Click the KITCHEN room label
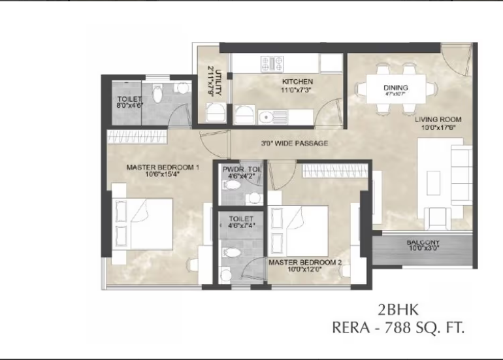pyautogui.click(x=298, y=81)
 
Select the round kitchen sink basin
pyautogui.click(x=266, y=118)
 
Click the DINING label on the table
pyautogui.click(x=396, y=88)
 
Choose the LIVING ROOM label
pyautogui.click(x=438, y=120)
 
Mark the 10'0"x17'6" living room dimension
pyautogui.click(x=438, y=127)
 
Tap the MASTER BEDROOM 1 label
pyautogui.click(x=163, y=167)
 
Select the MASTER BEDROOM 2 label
pyautogui.click(x=305, y=262)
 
